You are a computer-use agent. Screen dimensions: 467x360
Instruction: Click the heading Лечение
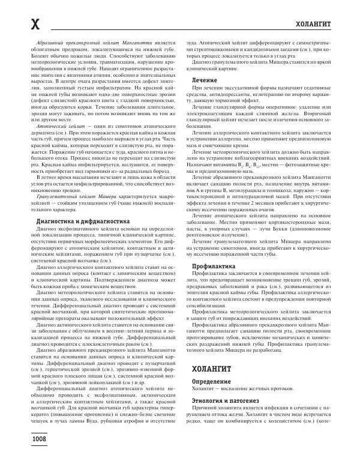205,80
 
